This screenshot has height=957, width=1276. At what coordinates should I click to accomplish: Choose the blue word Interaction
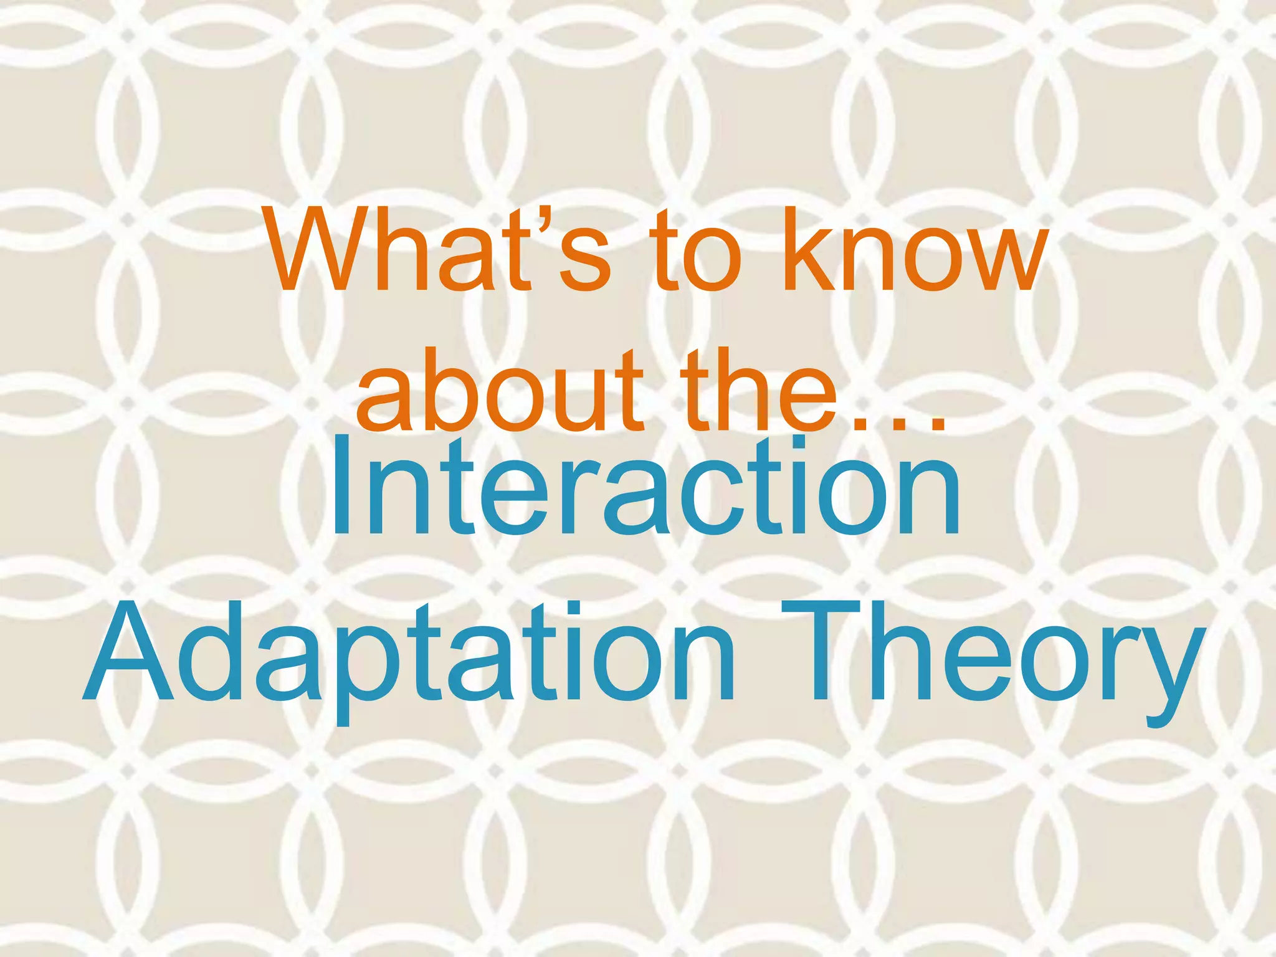point(645,489)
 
